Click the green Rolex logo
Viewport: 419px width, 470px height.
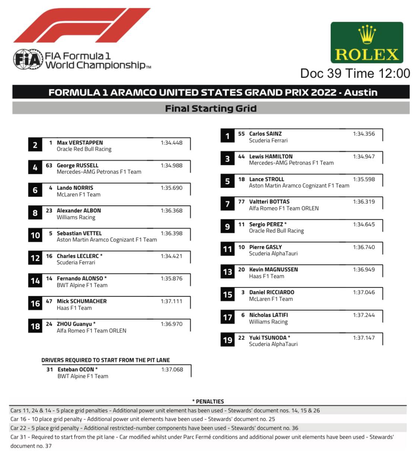coord(366,42)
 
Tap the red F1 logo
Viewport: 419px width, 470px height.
coord(82,25)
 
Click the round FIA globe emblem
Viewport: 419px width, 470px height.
coord(28,59)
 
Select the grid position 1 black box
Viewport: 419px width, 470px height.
coord(227,136)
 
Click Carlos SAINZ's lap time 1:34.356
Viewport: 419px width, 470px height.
coord(364,134)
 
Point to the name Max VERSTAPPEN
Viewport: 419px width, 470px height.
coord(80,142)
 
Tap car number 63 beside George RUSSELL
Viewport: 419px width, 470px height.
coord(49,165)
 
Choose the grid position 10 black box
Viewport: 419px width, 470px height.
coord(35,235)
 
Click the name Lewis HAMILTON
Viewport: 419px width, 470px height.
coord(271,156)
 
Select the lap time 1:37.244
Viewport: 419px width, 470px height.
coord(364,315)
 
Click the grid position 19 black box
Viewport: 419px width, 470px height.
coord(227,340)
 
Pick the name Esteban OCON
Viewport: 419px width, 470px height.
coord(76,369)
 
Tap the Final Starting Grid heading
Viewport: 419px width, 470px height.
coord(211,109)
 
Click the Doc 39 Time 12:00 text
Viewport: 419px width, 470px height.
coord(355,73)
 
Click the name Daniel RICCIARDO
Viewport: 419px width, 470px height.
coord(272,292)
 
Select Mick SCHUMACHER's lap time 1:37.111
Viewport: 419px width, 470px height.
coord(171,301)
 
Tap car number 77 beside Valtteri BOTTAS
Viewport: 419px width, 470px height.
coord(241,201)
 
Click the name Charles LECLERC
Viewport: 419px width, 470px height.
coord(78,256)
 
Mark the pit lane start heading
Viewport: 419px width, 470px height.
coord(105,360)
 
